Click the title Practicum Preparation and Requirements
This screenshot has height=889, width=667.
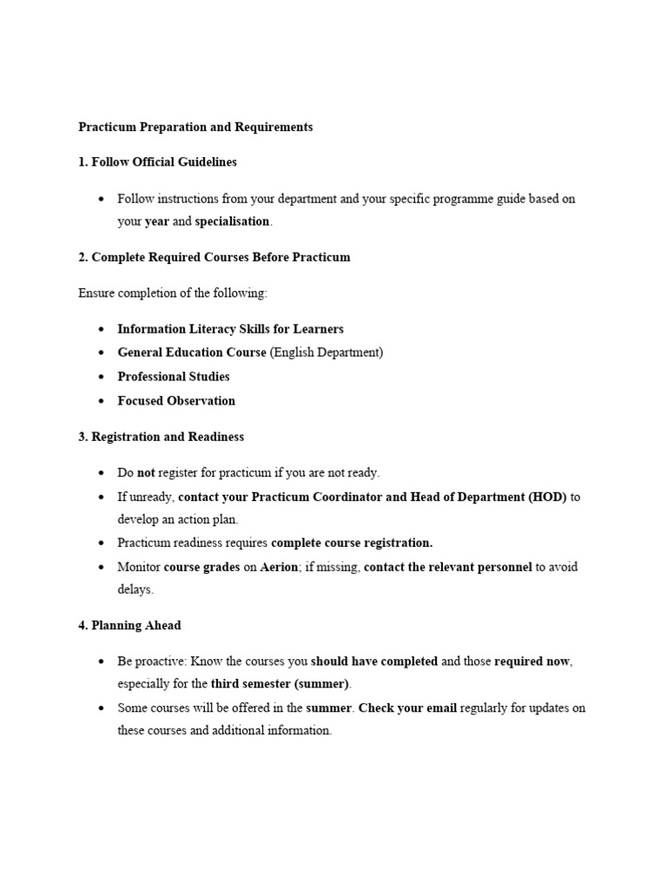tap(195, 127)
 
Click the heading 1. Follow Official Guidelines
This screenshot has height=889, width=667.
tap(157, 162)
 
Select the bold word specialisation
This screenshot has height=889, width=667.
tap(232, 221)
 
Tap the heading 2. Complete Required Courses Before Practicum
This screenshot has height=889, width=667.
tap(215, 258)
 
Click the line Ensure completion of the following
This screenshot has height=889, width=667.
tap(173, 293)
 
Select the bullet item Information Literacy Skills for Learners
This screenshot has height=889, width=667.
tap(230, 329)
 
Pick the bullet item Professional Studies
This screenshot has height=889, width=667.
tap(174, 377)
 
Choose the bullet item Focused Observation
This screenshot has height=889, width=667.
tap(176, 401)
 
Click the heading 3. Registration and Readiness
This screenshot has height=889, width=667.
tap(161, 437)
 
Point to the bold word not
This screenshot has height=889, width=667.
tap(146, 473)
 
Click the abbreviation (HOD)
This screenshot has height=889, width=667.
tap(547, 497)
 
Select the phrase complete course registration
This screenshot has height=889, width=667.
tap(352, 543)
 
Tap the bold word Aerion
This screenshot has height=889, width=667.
tap(279, 567)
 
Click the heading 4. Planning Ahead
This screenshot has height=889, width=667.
tap(129, 625)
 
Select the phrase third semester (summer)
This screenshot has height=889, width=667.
tap(281, 684)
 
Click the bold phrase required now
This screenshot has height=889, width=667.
tap(532, 662)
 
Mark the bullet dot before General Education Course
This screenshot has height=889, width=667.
tap(102, 353)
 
